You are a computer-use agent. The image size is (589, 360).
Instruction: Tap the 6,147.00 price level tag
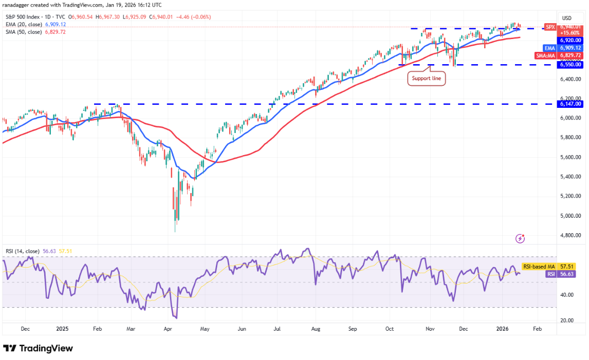tap(570, 104)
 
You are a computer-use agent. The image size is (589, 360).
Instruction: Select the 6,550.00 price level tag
tap(570, 65)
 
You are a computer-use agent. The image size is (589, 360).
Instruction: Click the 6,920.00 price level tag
tap(570, 40)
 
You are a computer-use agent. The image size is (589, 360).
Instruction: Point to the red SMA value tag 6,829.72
tap(570, 55)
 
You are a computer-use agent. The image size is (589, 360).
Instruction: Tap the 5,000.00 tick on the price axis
tap(570, 216)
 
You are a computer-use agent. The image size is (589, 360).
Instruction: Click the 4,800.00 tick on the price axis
tap(570, 235)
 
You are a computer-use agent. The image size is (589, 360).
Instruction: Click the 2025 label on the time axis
tap(62, 327)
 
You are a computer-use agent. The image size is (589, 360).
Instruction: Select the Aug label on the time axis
tap(316, 327)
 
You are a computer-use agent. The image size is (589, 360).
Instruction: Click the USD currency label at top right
tap(567, 18)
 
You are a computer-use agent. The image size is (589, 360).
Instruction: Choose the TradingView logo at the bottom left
tap(39, 348)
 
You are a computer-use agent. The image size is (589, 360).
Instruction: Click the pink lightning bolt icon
tap(521, 238)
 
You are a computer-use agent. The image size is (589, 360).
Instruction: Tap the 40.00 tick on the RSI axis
tap(567, 295)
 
